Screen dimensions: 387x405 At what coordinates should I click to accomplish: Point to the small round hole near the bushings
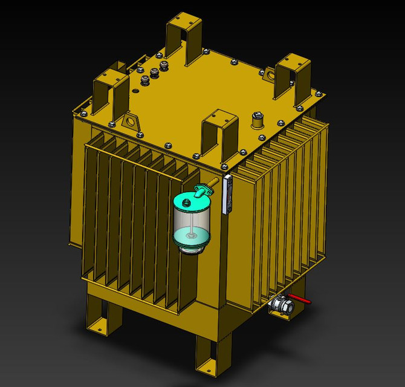(137, 91)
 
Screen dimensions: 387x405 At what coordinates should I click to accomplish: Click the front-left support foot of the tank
(100, 314)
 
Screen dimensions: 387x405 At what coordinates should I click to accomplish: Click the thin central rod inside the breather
(191, 227)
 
